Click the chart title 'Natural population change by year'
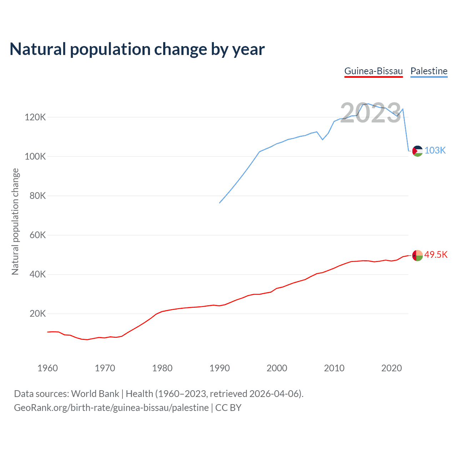pyautogui.click(x=137, y=49)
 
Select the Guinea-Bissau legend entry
pyautogui.click(x=373, y=71)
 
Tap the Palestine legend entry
pyautogui.click(x=429, y=71)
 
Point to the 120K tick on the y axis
pyautogui.click(x=35, y=117)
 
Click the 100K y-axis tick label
pyautogui.click(x=35, y=156)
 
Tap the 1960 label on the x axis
pyautogui.click(x=47, y=368)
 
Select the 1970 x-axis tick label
pyautogui.click(x=105, y=368)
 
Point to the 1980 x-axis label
pyautogui.click(x=162, y=368)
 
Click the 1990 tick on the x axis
pyautogui.click(x=220, y=368)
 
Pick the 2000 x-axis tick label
pyautogui.click(x=277, y=368)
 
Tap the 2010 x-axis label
pyautogui.click(x=334, y=368)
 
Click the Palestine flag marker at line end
pyautogui.click(x=417, y=151)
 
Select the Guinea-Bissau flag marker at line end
pyautogui.click(x=417, y=255)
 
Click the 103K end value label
pyautogui.click(x=435, y=150)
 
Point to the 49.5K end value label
pyautogui.click(x=436, y=255)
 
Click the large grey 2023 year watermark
pyautogui.click(x=371, y=113)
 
